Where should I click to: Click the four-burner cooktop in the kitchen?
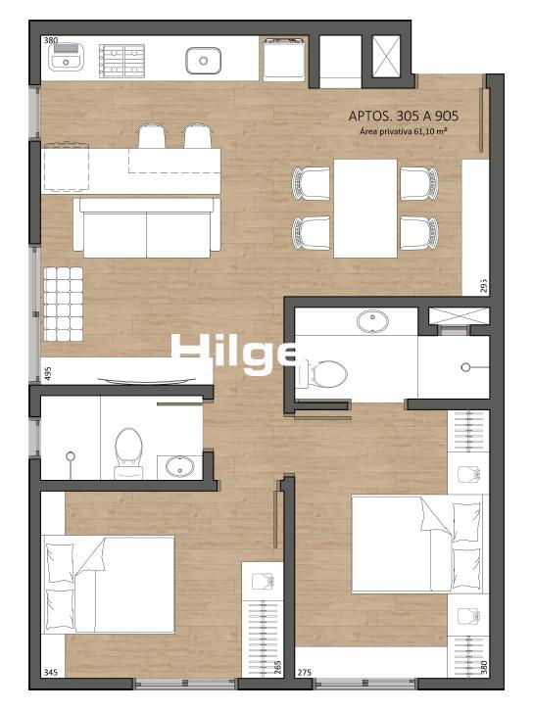pos(121,62)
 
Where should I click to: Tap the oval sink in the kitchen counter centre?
pos(203,61)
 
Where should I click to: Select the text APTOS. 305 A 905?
pos(404,117)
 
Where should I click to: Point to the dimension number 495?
pos(48,373)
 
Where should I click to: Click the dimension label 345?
pos(50,672)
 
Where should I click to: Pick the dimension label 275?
pos(305,672)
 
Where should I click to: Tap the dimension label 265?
pos(277,668)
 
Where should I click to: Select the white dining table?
pos(365,209)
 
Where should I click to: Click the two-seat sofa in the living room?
pos(147,227)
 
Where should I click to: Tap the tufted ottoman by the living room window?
pos(64,304)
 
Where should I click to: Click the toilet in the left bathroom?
pos(128,453)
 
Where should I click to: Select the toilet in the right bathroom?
pos(322,374)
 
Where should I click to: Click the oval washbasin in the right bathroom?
pos(372,321)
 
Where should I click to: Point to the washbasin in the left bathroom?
pos(179,466)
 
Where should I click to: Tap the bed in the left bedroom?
pos(108,585)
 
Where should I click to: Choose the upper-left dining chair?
pos(312,183)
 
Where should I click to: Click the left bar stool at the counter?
pos(152,135)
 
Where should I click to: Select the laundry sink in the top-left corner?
pos(67,57)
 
